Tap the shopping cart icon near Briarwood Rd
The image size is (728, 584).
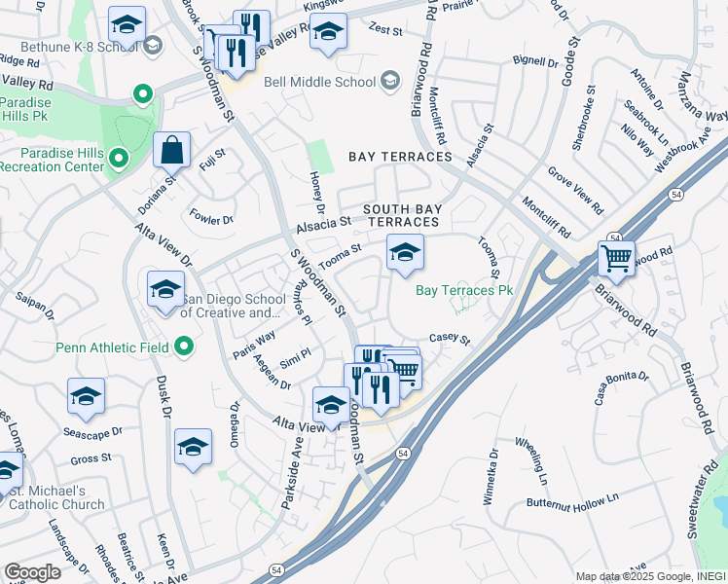point(616,260)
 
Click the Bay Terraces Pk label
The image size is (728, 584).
point(464,290)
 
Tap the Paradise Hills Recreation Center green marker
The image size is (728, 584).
point(118,157)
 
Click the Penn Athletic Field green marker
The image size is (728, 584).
point(184,347)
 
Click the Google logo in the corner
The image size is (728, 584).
point(32,572)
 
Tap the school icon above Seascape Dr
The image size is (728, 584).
point(86,397)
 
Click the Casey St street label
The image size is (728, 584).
point(450,340)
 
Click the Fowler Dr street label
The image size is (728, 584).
point(212,219)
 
